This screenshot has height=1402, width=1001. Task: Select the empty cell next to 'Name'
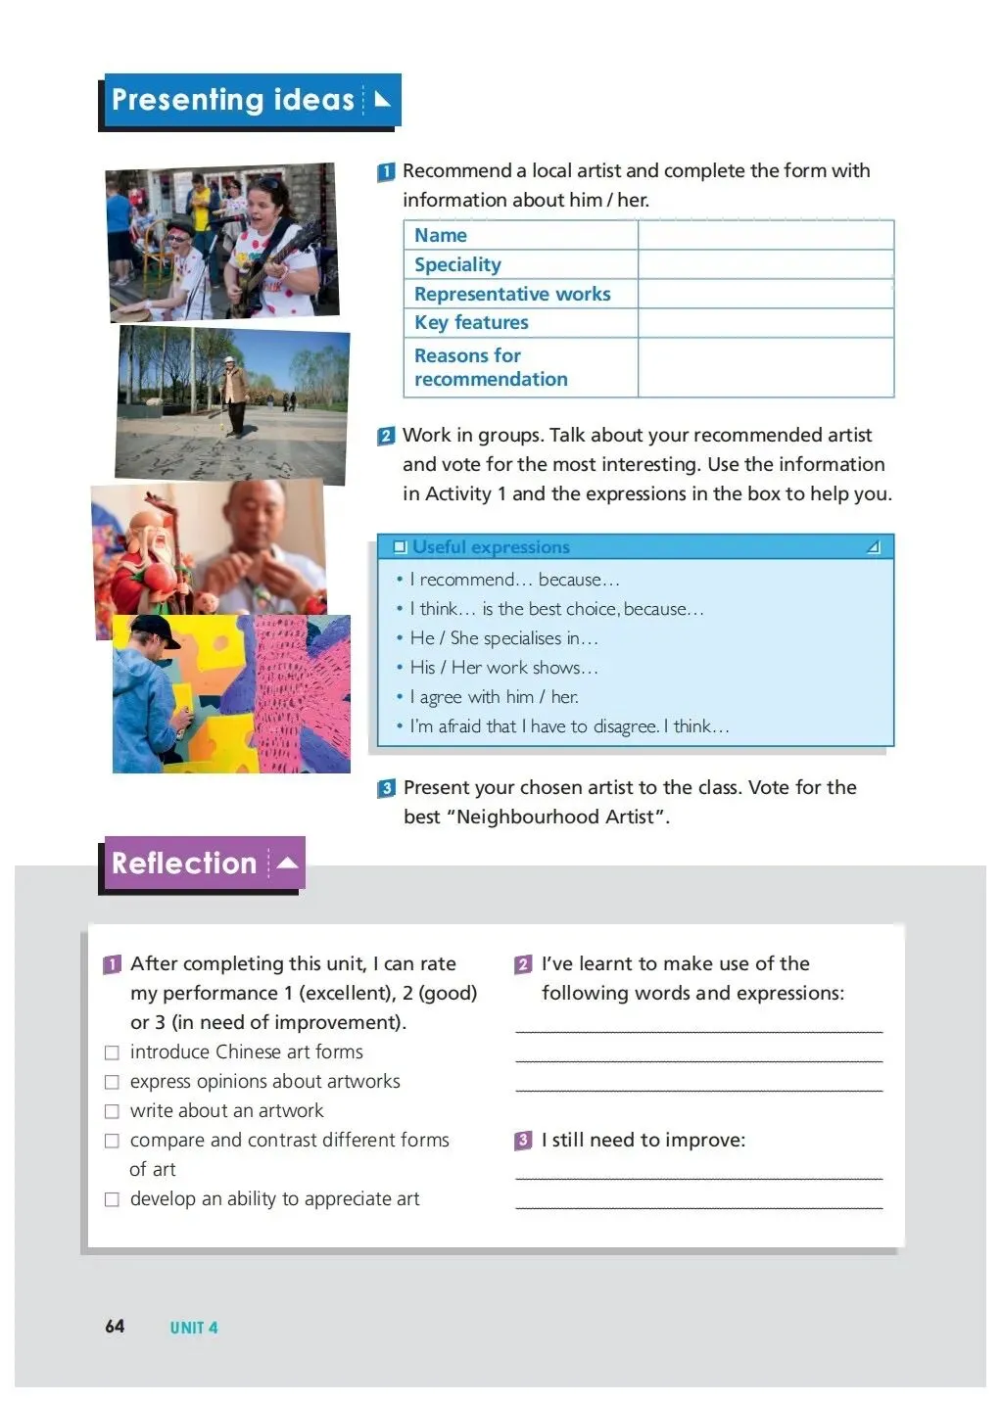[765, 235]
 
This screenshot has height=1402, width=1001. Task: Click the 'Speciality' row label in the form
[457, 264]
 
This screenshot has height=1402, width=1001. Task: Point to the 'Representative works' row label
[511, 294]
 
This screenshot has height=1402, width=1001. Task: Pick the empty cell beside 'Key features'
[765, 323]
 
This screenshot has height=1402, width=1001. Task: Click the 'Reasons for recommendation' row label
[490, 367]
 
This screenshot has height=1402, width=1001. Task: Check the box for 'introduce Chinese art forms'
[112, 1052]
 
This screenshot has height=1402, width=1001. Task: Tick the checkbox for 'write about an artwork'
[112, 1111]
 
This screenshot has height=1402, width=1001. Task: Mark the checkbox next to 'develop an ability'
[112, 1199]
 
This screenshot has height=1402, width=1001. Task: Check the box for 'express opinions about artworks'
[112, 1082]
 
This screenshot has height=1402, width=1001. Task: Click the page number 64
[115, 1326]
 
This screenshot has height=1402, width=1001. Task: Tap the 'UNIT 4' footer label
[194, 1328]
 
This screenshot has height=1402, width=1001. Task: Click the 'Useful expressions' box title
[490, 547]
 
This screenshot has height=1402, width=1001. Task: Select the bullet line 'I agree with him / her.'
[494, 697]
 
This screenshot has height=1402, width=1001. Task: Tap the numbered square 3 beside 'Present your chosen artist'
[387, 788]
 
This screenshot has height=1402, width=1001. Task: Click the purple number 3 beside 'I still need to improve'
[523, 1141]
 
